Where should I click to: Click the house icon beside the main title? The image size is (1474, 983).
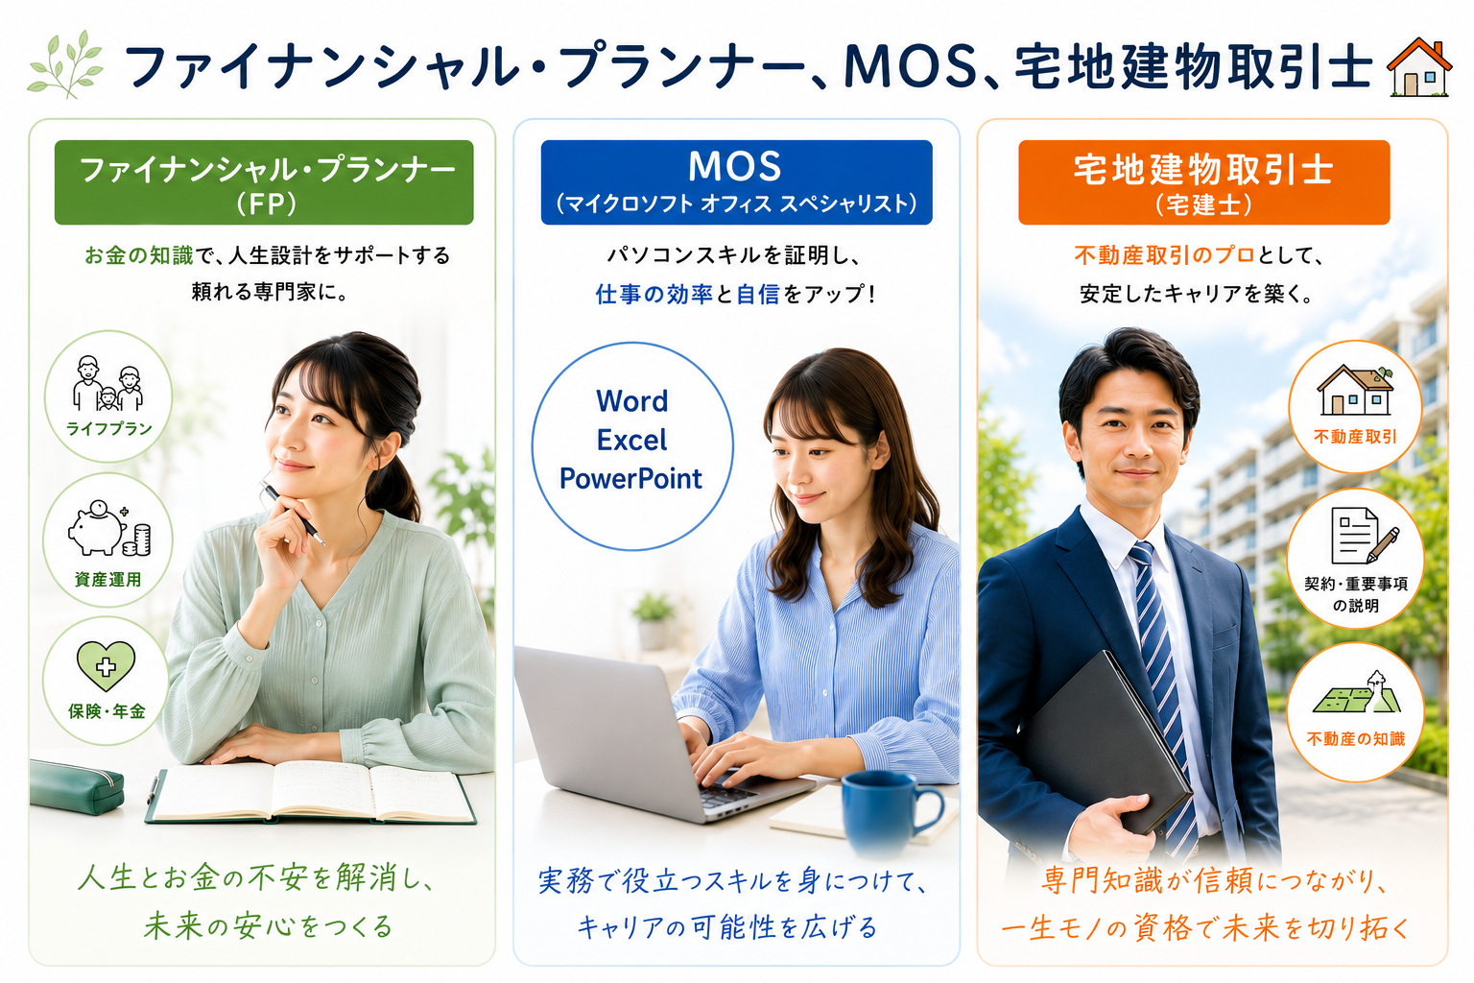click(x=1418, y=67)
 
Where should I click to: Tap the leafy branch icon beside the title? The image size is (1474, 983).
click(x=65, y=64)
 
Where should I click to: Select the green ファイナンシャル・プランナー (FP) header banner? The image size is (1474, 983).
click(x=264, y=182)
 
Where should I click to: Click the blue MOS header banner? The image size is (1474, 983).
click(x=736, y=182)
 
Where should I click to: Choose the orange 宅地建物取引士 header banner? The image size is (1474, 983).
click(x=1204, y=182)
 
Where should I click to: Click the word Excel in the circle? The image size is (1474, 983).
click(x=631, y=440)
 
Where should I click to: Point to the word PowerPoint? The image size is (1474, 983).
click(x=630, y=479)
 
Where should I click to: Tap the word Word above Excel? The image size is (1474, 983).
click(x=631, y=401)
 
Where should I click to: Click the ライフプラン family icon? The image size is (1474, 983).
click(x=107, y=383)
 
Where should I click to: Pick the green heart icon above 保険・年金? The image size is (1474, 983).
click(x=106, y=665)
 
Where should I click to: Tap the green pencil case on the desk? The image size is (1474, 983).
click(x=77, y=787)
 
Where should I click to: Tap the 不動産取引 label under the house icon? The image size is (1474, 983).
click(x=1355, y=437)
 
